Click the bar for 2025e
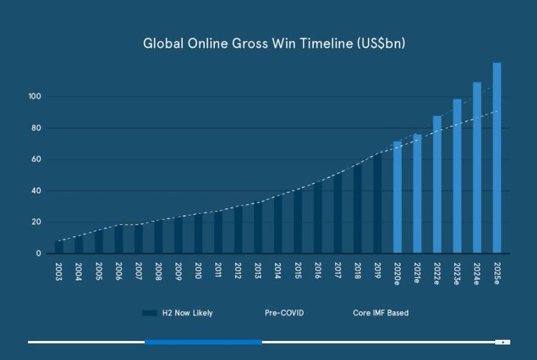click(496, 158)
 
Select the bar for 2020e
click(398, 197)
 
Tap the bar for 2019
click(377, 204)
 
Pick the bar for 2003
click(59, 247)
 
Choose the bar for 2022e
click(437, 185)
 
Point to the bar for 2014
click(278, 225)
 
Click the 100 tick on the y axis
click(35, 96)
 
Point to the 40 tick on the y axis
click(36, 190)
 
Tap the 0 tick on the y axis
click(39, 253)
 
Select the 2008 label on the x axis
click(158, 272)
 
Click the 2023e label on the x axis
click(457, 274)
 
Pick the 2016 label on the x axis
click(318, 270)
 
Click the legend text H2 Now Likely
click(187, 313)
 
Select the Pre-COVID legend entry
click(284, 313)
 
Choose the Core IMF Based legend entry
click(381, 313)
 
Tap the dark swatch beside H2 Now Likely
click(149, 313)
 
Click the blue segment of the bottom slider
click(204, 342)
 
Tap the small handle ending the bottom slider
click(503, 342)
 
